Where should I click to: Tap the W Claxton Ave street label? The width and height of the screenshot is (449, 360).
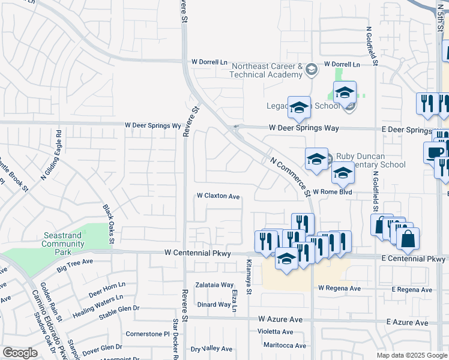(x=218, y=196)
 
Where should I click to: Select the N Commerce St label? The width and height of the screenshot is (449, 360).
(x=290, y=176)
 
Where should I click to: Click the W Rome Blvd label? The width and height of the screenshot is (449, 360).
(x=331, y=192)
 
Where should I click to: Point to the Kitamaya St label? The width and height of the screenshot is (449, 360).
(x=249, y=277)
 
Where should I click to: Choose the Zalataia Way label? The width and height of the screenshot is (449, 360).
(x=215, y=285)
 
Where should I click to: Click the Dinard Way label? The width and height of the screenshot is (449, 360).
(x=214, y=304)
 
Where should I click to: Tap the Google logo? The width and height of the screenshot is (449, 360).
(x=20, y=353)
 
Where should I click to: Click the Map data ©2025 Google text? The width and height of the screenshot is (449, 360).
(x=412, y=355)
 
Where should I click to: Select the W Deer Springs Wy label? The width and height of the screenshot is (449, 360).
(x=152, y=125)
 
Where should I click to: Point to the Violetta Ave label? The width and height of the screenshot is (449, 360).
(x=275, y=331)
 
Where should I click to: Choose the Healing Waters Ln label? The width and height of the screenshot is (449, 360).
(x=98, y=298)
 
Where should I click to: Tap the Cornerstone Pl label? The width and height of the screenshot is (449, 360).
(x=144, y=334)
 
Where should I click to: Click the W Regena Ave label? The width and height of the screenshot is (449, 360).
(x=339, y=288)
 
